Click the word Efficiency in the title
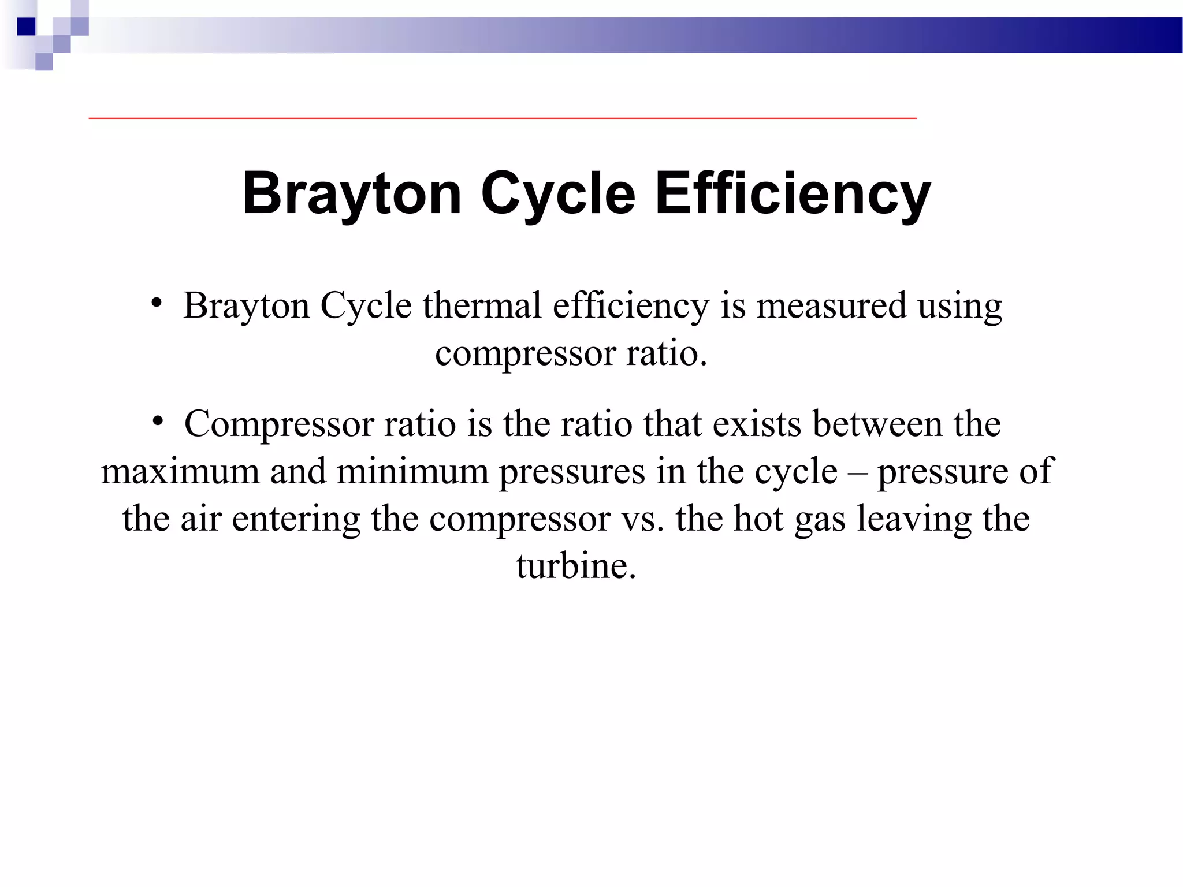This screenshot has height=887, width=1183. click(x=793, y=193)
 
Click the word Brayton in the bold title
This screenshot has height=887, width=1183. click(x=352, y=193)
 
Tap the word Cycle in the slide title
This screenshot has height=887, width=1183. click(x=557, y=193)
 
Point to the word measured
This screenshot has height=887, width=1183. click(x=831, y=305)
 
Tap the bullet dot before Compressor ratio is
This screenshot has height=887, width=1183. click(x=157, y=420)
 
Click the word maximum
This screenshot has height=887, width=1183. click(x=180, y=471)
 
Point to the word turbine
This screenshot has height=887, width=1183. click(x=576, y=566)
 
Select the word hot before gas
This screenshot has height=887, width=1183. click(x=758, y=519)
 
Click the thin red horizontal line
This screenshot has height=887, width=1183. click(x=503, y=118)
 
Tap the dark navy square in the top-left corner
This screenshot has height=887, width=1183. click(x=26, y=27)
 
